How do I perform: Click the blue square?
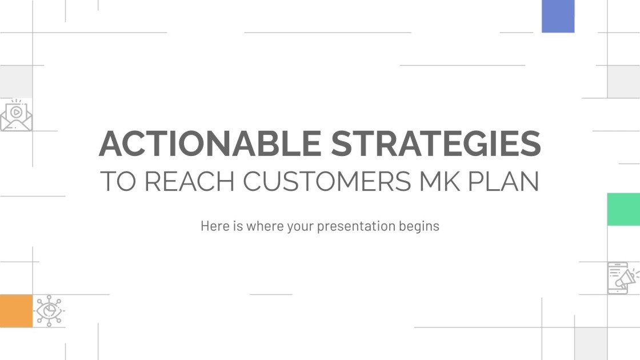[558, 16]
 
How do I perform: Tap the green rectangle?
[623, 209]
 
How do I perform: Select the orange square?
[16, 311]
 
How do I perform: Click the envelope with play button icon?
[16, 117]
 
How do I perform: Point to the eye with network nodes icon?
[49, 311]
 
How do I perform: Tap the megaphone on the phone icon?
[628, 278]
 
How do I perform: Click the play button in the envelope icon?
[16, 111]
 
